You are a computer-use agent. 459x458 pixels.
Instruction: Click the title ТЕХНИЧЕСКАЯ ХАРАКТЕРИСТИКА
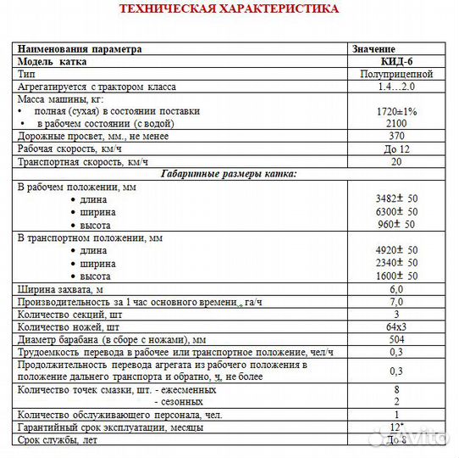[x=229, y=9]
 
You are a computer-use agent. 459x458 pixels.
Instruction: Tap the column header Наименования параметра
[x=80, y=49]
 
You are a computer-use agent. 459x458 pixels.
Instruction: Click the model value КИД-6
[x=395, y=62]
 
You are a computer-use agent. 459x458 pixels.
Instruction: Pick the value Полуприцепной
[x=395, y=74]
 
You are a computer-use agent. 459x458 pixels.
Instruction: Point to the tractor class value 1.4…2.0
[x=395, y=87]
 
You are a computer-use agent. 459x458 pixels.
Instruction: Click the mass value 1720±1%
[x=395, y=111]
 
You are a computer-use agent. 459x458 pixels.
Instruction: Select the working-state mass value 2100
[x=395, y=123]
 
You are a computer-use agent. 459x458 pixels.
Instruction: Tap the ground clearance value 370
[x=395, y=136]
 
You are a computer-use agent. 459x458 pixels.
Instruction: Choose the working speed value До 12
[x=395, y=148]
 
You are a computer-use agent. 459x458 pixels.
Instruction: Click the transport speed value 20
[x=395, y=161]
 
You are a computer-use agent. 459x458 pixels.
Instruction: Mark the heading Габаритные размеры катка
[x=229, y=174]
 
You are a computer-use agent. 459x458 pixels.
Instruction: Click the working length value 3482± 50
[x=395, y=198]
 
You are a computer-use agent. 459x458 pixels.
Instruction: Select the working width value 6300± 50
[x=395, y=211]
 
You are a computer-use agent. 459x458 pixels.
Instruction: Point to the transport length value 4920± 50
[x=395, y=251]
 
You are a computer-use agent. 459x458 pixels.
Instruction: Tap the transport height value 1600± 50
[x=395, y=276]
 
